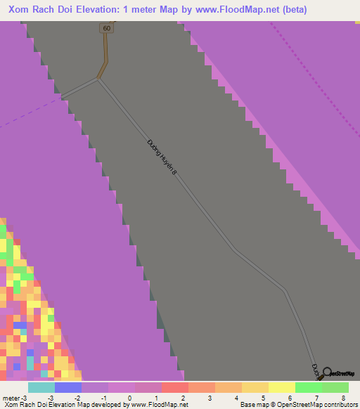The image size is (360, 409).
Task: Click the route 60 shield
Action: click(106, 28)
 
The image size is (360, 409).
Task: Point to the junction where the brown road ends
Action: click(98, 79)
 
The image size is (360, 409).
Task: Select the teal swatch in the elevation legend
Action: click(41, 387)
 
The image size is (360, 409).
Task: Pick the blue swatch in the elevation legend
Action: click(67, 387)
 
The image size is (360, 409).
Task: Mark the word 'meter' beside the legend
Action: click(11, 398)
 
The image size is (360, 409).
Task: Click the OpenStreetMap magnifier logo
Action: click(326, 372)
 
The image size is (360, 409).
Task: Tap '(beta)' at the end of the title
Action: click(291, 10)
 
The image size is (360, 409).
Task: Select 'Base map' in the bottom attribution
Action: click(252, 405)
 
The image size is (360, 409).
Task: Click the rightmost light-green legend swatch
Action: click(335, 387)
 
